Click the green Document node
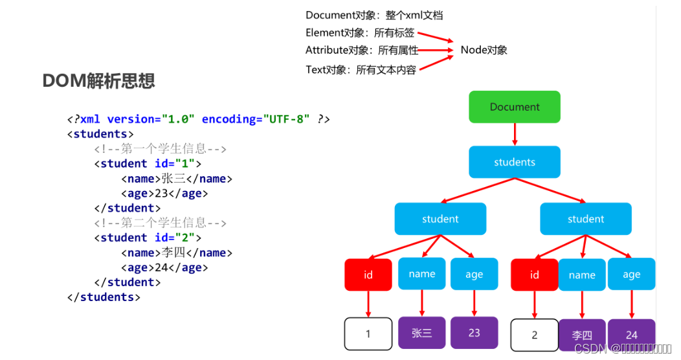[x=515, y=107]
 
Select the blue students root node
[x=515, y=162]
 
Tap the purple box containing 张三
[x=422, y=333]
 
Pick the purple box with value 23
[x=474, y=332]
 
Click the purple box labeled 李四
[x=582, y=335]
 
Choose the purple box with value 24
[x=631, y=335]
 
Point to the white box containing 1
[x=368, y=334]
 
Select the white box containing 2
[x=534, y=335]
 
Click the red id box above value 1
[x=368, y=275]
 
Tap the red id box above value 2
[x=534, y=275]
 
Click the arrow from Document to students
[x=515, y=134]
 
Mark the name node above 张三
[x=422, y=274]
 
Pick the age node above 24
[x=631, y=274]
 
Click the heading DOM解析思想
[x=98, y=81]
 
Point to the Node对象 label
[x=484, y=50]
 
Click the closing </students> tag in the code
[x=104, y=297]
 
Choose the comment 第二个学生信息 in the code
[x=160, y=223]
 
